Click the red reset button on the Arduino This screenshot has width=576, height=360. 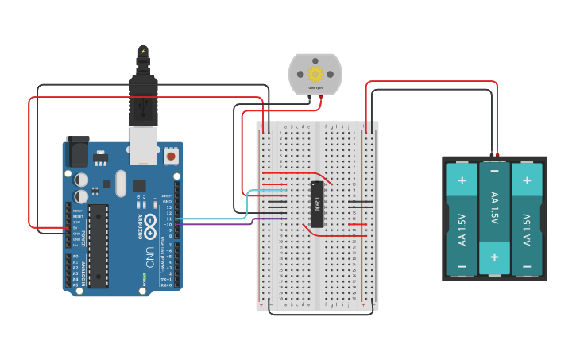171,156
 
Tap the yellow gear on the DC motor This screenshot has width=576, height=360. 315,74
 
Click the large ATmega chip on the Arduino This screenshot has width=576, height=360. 98,246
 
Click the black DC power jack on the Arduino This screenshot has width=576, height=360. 78,151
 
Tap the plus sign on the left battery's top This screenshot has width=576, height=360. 462,180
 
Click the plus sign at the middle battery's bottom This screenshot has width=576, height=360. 494,257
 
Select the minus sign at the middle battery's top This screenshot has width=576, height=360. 494,171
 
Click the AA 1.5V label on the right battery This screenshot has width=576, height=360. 526,229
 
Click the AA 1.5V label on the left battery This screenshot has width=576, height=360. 462,229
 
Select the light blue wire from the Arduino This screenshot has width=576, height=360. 215,218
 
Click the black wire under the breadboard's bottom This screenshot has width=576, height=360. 318,314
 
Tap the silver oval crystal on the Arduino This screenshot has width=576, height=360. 120,184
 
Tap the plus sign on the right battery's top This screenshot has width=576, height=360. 526,180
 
